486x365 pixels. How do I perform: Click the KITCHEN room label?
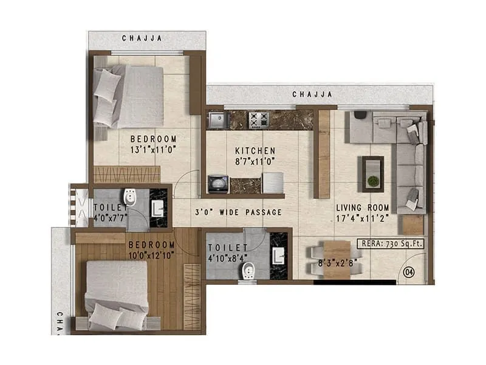[255, 150]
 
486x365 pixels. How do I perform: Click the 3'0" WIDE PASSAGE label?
[238, 212]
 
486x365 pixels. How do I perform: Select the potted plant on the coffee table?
[372, 181]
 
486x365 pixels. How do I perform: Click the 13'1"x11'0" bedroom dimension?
[153, 149]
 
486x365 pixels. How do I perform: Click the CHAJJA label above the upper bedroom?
[142, 38]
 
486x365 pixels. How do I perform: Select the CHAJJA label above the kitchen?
[312, 94]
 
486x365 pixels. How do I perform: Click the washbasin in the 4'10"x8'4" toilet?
[279, 254]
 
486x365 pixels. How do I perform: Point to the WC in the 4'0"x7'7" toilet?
[129, 197]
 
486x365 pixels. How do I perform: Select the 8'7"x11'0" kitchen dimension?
[255, 162]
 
